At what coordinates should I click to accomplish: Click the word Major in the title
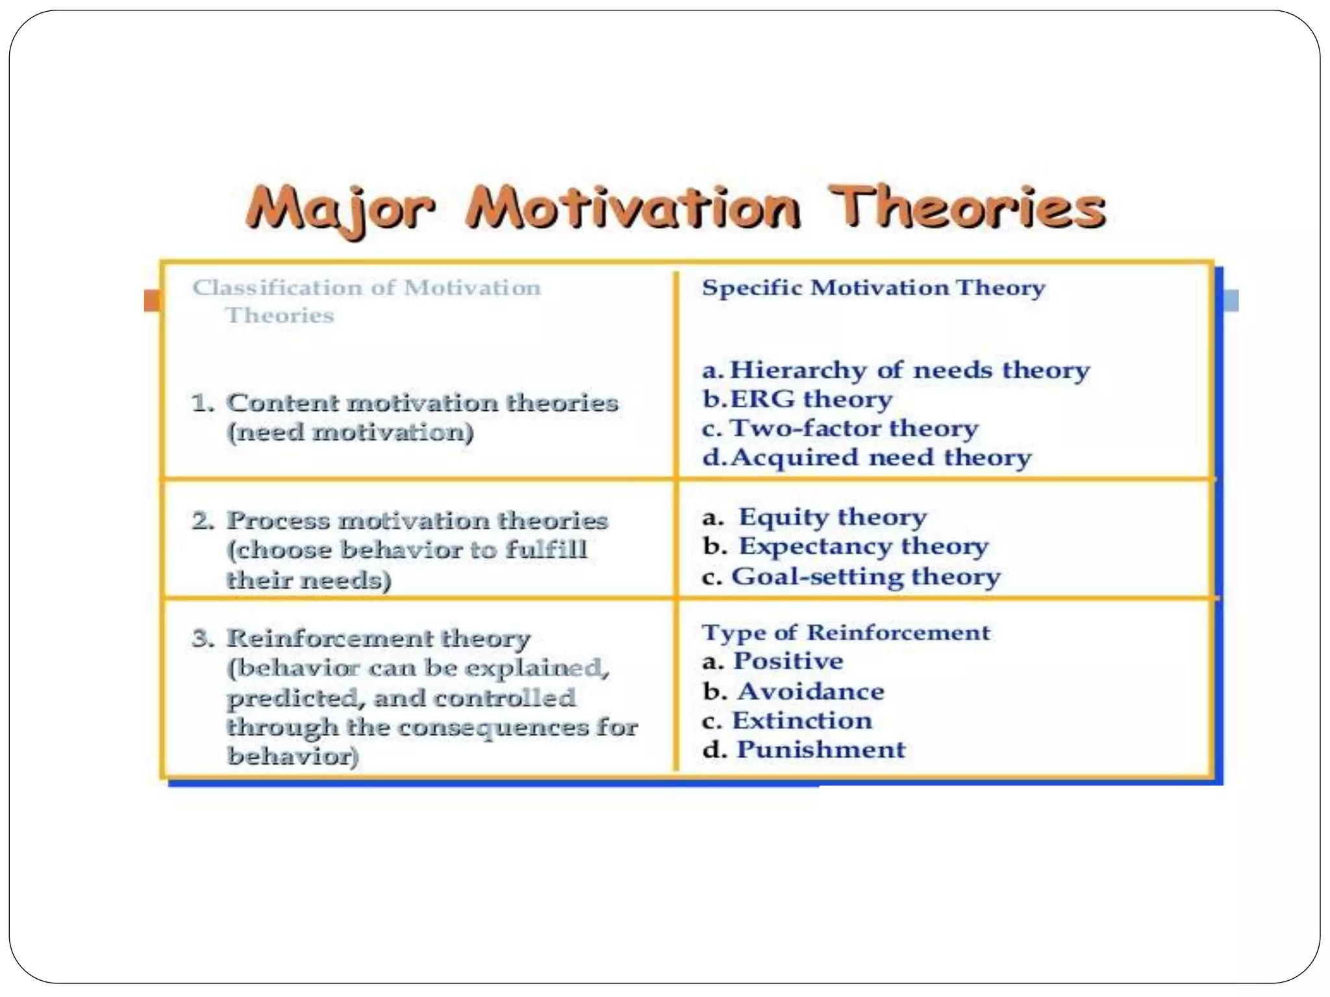pos(340,209)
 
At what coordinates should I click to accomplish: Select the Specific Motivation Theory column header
pos(873,288)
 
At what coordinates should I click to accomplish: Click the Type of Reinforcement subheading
pos(846,632)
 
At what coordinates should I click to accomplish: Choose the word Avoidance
pos(810,691)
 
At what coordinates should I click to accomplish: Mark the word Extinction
pos(802,720)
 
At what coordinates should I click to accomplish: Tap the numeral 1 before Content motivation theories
pos(201,403)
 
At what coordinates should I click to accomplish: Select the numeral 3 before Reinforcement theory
pos(202,638)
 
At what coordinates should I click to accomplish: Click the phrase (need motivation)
pos(350,432)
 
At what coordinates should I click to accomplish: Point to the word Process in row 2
pos(278,521)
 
